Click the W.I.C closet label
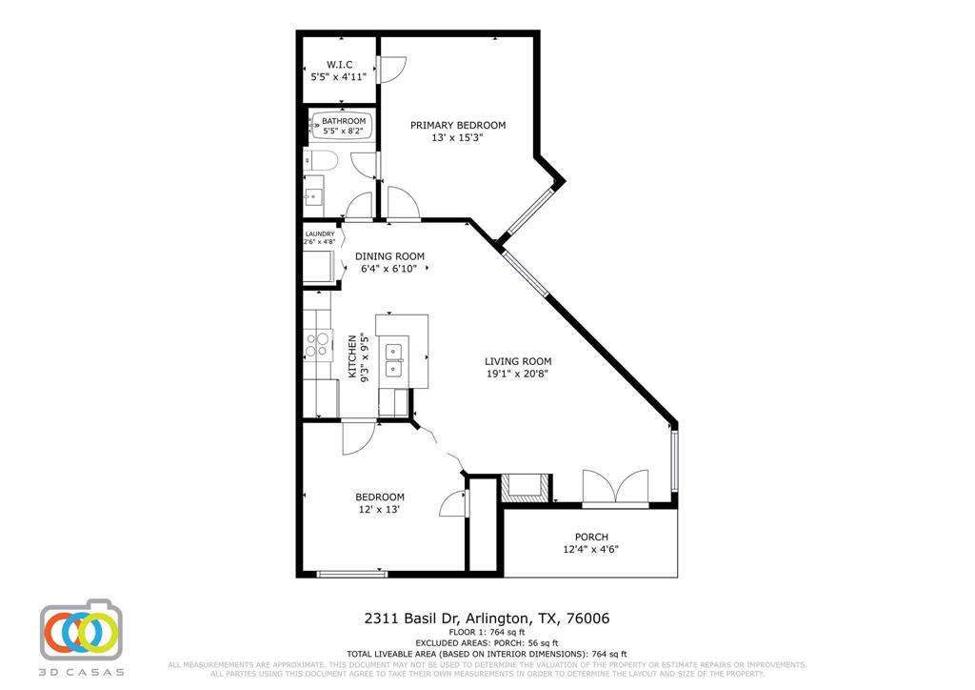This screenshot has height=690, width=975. click(339, 65)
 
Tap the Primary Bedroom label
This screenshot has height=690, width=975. click(457, 125)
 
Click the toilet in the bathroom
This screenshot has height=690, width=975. click(318, 161)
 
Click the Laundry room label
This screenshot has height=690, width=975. click(319, 233)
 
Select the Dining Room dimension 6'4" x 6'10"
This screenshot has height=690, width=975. click(389, 269)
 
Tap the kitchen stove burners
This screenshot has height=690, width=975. click(316, 344)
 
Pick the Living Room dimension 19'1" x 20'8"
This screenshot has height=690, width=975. click(518, 374)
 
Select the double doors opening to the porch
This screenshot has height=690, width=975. click(615, 486)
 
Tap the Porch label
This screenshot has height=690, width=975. click(591, 537)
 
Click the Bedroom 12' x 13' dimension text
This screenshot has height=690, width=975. click(380, 510)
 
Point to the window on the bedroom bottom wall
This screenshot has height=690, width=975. click(349, 573)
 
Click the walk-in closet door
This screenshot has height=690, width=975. click(390, 68)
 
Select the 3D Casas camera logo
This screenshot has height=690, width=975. click(82, 633)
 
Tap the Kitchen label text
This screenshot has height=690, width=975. click(352, 357)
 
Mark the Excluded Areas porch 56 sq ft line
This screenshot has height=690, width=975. click(487, 643)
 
